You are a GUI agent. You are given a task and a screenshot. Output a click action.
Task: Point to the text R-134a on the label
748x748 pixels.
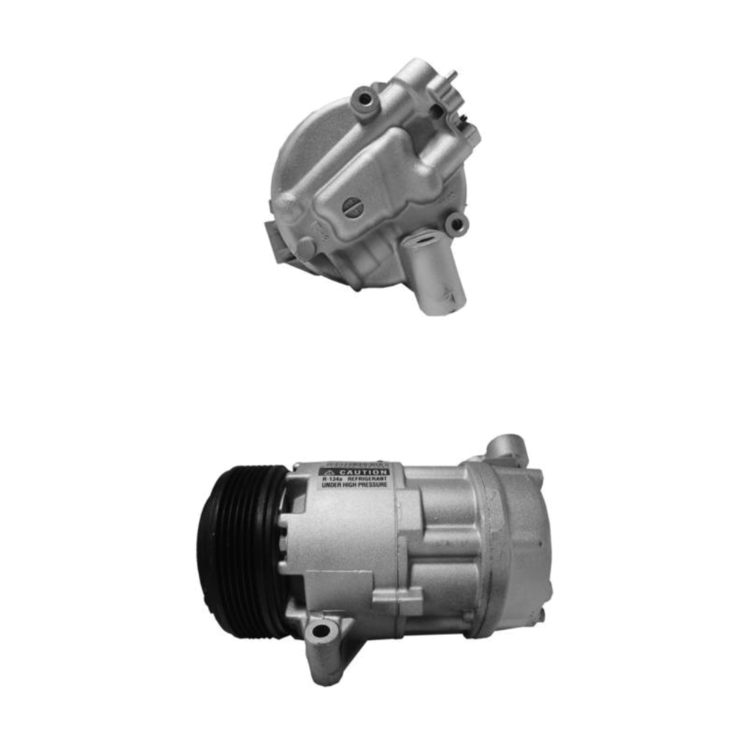coord(331,479)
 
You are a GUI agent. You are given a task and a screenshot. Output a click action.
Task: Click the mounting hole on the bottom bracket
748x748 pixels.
coord(320,631)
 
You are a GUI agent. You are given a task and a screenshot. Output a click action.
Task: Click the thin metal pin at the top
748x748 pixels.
coord(452,77)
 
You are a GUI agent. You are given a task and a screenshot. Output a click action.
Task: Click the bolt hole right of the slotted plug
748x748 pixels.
coord(454,222)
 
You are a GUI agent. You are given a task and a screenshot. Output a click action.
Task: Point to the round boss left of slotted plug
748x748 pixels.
coord(287,206)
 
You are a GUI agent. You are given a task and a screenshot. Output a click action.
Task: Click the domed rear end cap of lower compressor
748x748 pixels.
coord(524,546)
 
